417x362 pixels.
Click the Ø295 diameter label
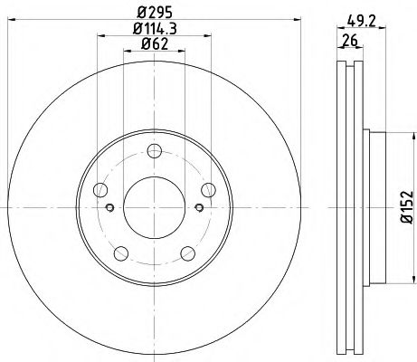tap(153, 13)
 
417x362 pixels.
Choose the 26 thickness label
tap(348, 41)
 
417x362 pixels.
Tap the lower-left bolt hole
tap(120, 252)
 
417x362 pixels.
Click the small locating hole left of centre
tap(109, 208)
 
